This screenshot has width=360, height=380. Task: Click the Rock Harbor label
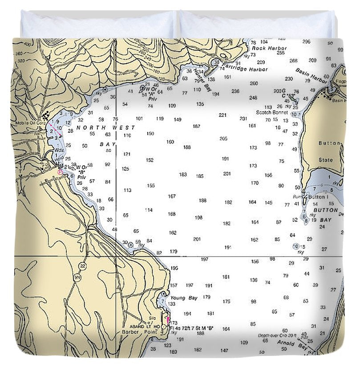pos(269,48)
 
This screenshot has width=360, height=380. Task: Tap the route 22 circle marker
pos(82,266)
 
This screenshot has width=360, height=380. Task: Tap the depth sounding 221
pos(222,115)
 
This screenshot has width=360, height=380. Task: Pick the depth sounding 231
pos(243,118)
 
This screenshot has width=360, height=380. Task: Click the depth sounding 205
pos(223,139)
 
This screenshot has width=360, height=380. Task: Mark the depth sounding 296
pos(306,42)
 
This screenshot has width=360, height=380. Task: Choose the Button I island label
pos(318,197)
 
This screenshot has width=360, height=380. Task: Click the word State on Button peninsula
pos(326,159)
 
